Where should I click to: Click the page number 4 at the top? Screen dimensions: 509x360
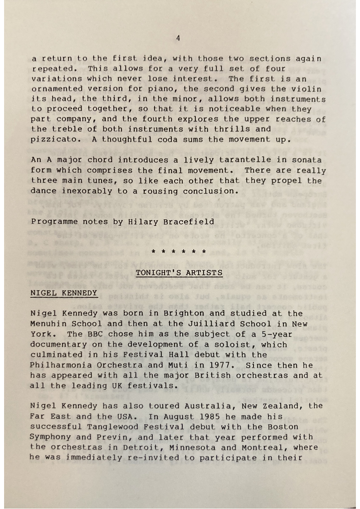pyautogui.click(x=178, y=38)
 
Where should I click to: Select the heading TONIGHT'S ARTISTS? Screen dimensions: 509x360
pyautogui.click(x=179, y=273)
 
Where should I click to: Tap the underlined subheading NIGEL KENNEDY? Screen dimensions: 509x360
pyautogui.click(x=63, y=293)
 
